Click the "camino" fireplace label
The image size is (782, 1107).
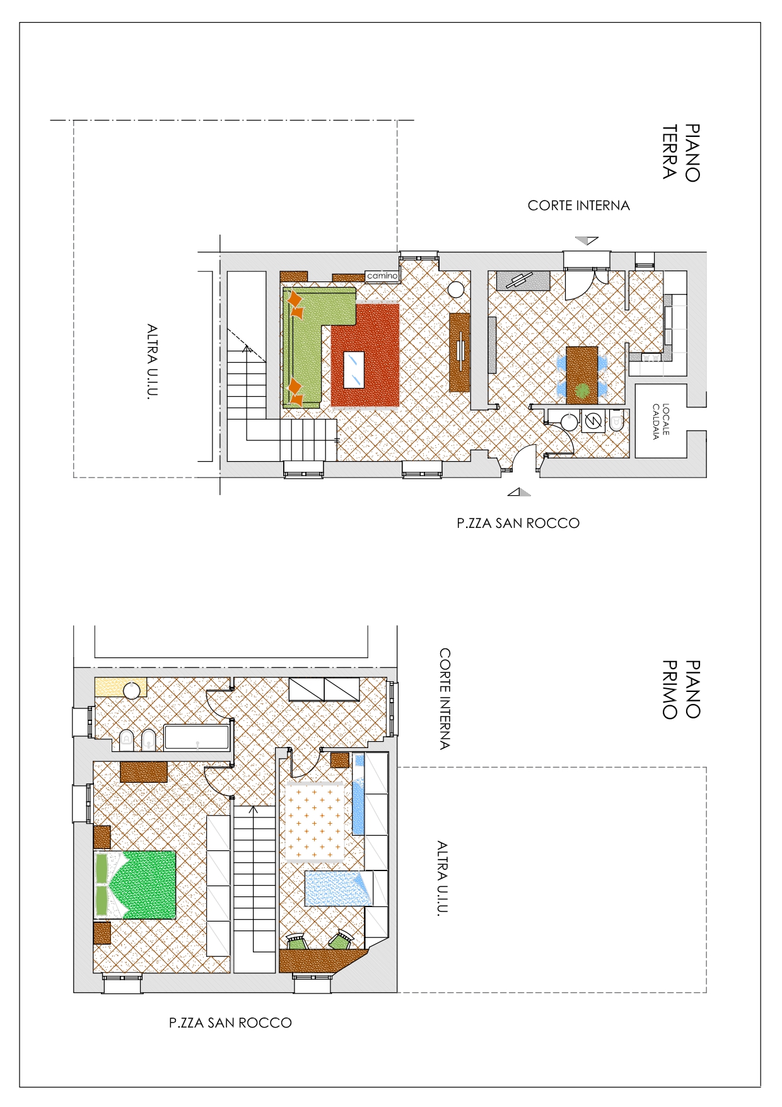(x=382, y=276)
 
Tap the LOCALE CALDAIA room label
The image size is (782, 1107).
(x=661, y=421)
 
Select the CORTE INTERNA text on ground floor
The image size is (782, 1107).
(x=579, y=206)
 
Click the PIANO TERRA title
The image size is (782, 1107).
(x=681, y=152)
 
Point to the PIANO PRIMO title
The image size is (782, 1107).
(x=681, y=689)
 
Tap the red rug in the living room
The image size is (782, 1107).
(x=365, y=356)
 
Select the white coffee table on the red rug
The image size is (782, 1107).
(x=354, y=370)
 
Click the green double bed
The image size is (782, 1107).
(x=135, y=884)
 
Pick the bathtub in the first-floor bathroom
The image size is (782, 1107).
(x=197, y=737)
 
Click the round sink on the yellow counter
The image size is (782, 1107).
(x=132, y=691)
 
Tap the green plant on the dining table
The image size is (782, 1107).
(x=583, y=391)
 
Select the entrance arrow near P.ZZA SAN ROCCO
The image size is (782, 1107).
(x=519, y=492)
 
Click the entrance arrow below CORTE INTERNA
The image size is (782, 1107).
(x=586, y=240)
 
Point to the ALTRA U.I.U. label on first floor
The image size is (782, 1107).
(x=443, y=878)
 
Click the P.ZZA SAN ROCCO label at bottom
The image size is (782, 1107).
(x=230, y=1023)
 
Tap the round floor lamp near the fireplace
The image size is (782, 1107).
(x=456, y=290)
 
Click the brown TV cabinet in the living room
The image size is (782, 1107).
(x=460, y=352)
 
